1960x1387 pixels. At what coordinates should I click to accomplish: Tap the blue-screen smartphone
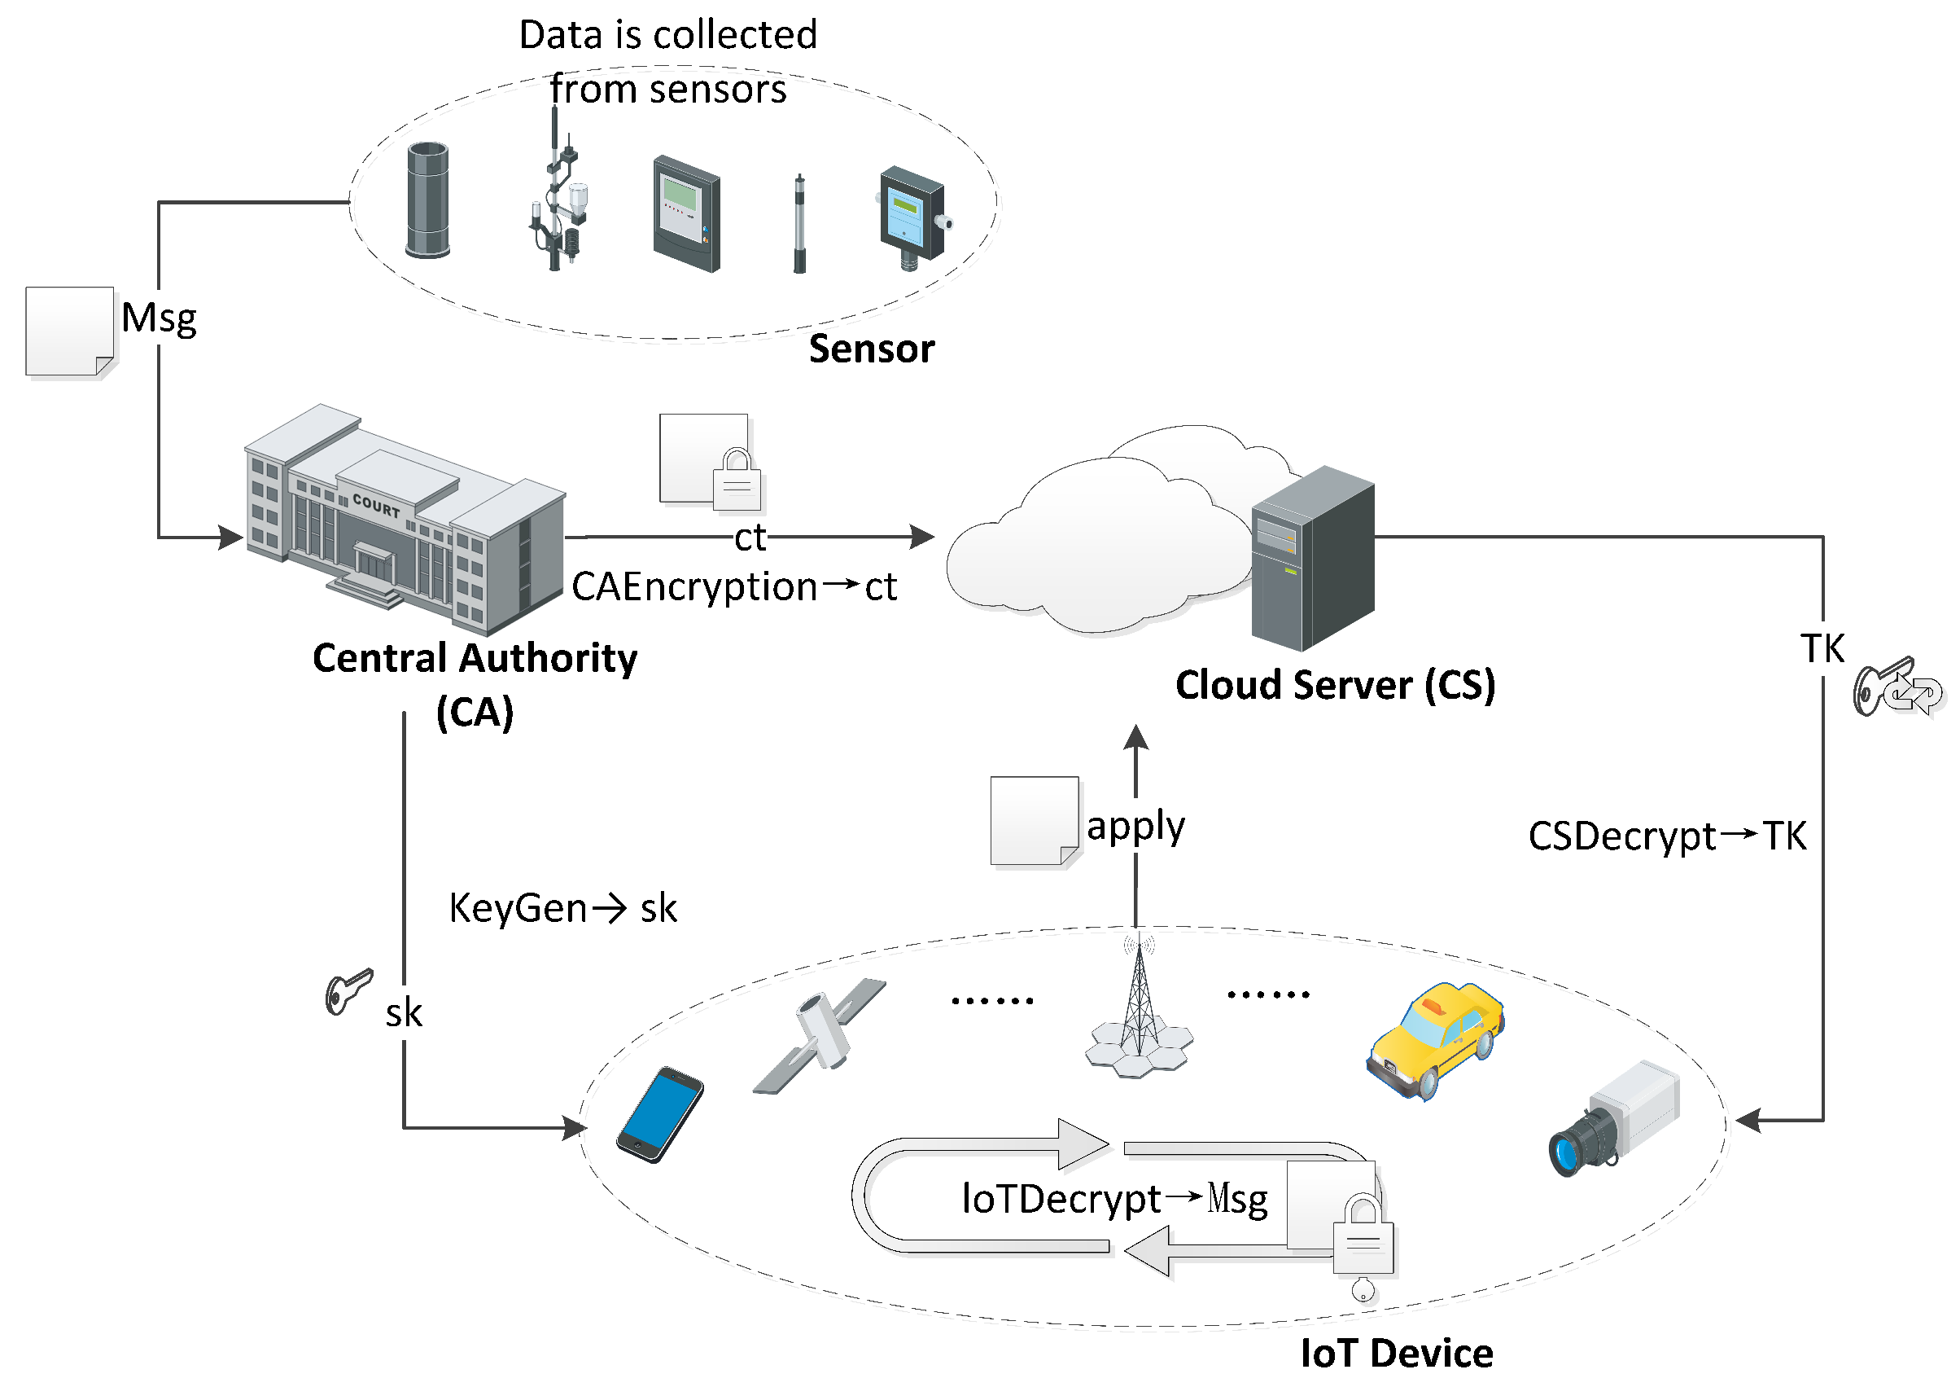tap(660, 1114)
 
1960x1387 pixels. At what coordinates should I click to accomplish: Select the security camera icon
tap(1614, 1119)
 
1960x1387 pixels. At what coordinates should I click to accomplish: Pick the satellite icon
tap(820, 1035)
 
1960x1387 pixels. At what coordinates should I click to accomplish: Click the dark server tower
tap(1313, 559)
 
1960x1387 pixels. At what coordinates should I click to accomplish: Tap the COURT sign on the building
tap(377, 507)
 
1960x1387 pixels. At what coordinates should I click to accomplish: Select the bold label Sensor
tap(872, 349)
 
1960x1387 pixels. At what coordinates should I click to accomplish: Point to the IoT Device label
tap(1397, 1353)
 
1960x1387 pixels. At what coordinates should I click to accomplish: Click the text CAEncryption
tap(695, 587)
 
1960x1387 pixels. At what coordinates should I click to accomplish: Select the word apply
tap(1135, 827)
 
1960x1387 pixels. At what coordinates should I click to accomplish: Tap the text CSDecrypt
tap(1622, 837)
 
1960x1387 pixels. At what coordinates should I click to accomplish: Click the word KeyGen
tap(518, 908)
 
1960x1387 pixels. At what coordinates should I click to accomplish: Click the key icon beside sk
tap(349, 991)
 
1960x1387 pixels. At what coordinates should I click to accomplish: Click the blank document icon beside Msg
tap(70, 331)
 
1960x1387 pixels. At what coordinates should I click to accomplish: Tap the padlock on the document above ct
tap(737, 480)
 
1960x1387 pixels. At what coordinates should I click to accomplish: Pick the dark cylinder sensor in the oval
tap(427, 200)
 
